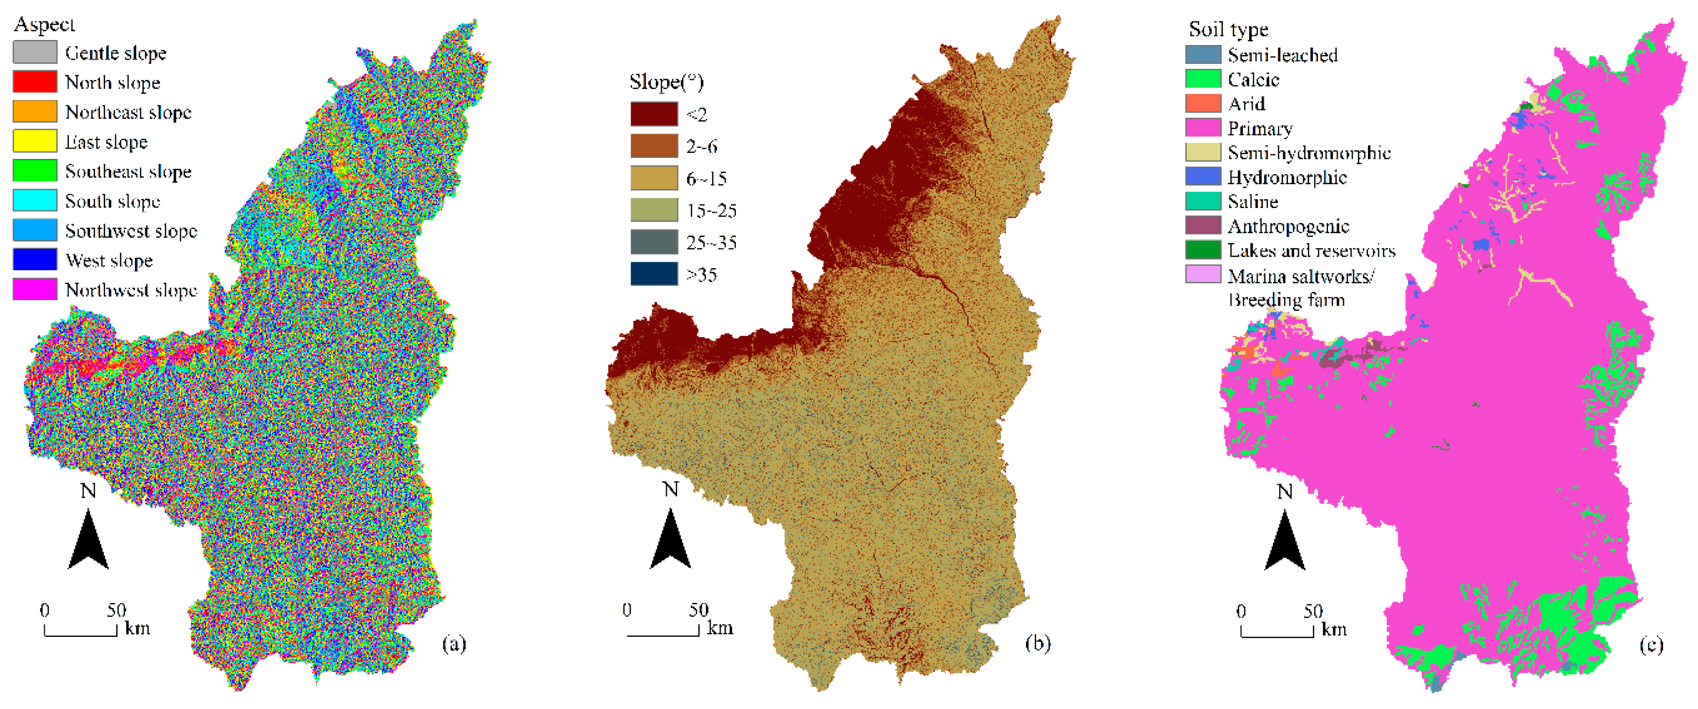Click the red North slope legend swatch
35,82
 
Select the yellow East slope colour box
35,141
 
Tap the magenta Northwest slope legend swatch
35,289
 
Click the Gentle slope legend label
115,53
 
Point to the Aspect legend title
44,24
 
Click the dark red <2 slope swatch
653,114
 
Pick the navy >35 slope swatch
653,274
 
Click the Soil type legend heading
1228,29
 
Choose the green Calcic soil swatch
1203,79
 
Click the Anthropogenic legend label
1288,226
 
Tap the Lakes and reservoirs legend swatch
1203,250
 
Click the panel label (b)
1037,643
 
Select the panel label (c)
1651,644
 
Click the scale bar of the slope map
662,632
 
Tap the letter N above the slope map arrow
670,490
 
